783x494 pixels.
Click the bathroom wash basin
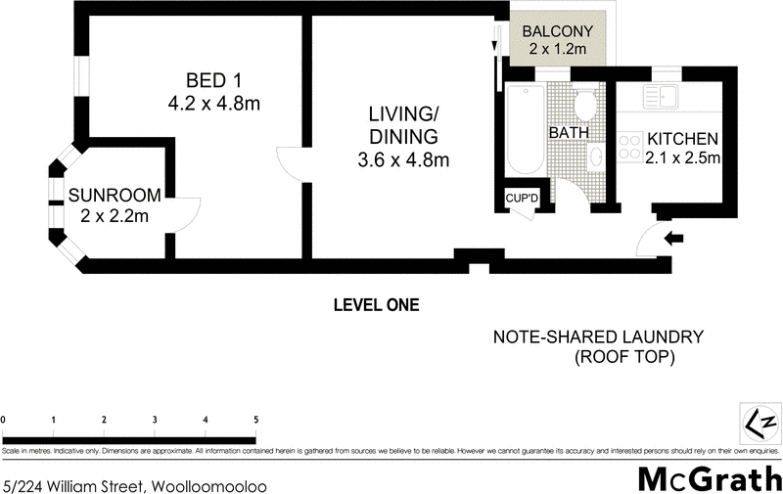tap(595, 157)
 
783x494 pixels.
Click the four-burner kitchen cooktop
tap(630, 147)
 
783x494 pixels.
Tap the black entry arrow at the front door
tap(675, 238)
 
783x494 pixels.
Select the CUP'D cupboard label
tap(521, 200)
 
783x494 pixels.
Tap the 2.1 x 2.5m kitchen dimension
tap(682, 157)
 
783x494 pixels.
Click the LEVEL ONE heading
tap(376, 305)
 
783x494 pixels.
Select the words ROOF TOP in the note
tap(624, 357)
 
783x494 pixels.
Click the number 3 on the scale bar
tap(155, 420)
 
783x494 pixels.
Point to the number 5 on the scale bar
tap(256, 420)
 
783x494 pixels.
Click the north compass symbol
tap(760, 423)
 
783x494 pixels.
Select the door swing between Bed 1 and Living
tap(291, 162)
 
